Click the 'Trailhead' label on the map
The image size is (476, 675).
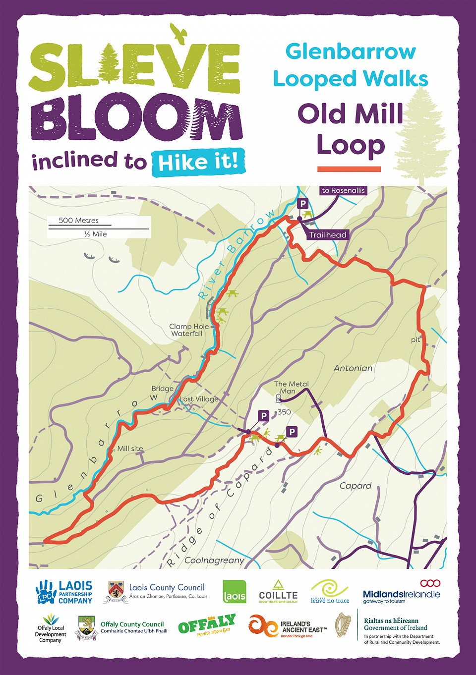[328, 235]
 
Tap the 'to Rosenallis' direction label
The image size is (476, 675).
[343, 190]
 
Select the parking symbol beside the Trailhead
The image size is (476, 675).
[302, 203]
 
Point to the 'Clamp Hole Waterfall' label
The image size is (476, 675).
[189, 330]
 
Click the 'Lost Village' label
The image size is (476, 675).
[199, 399]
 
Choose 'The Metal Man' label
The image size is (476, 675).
[292, 387]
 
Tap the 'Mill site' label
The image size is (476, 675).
[130, 449]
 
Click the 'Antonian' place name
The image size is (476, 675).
[353, 368]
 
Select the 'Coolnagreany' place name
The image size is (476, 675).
[214, 561]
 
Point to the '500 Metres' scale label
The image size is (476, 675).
[79, 221]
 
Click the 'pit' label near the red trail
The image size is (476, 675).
[416, 340]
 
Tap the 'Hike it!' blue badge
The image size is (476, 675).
[198, 162]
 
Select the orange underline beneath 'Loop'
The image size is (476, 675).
[349, 169]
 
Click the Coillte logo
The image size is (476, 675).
[278, 592]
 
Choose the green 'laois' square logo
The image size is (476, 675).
[235, 592]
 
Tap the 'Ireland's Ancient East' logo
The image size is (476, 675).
[288, 626]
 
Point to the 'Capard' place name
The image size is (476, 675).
[356, 486]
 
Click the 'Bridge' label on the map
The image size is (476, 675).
[163, 389]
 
